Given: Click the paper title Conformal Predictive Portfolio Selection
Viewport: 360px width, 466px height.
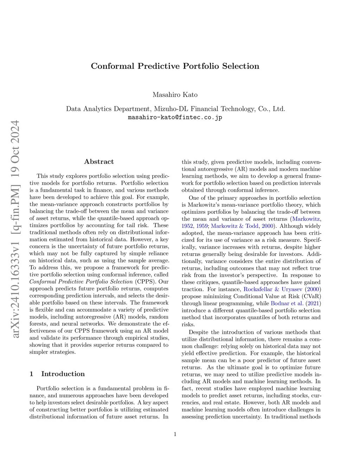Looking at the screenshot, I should pos(175,66).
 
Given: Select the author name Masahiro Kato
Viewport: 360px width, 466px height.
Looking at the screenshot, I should pos(175,95).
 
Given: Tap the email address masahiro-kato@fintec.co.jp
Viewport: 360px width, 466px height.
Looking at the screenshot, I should pos(175,117).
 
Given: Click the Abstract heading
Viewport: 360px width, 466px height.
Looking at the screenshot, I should pos(99,162).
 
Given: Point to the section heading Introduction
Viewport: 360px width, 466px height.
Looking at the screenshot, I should pos(63,374).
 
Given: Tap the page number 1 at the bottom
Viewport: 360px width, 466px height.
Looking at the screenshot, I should pos(175,434).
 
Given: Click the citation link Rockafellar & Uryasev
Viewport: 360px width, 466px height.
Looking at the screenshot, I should pos(273,289).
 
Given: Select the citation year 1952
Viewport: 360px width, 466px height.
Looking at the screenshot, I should pos(187,226).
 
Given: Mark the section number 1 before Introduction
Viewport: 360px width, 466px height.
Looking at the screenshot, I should pos(32,374).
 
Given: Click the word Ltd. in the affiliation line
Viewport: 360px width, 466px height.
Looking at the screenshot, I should pos(279,109).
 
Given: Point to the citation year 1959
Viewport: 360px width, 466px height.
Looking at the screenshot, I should pos(202,226).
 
